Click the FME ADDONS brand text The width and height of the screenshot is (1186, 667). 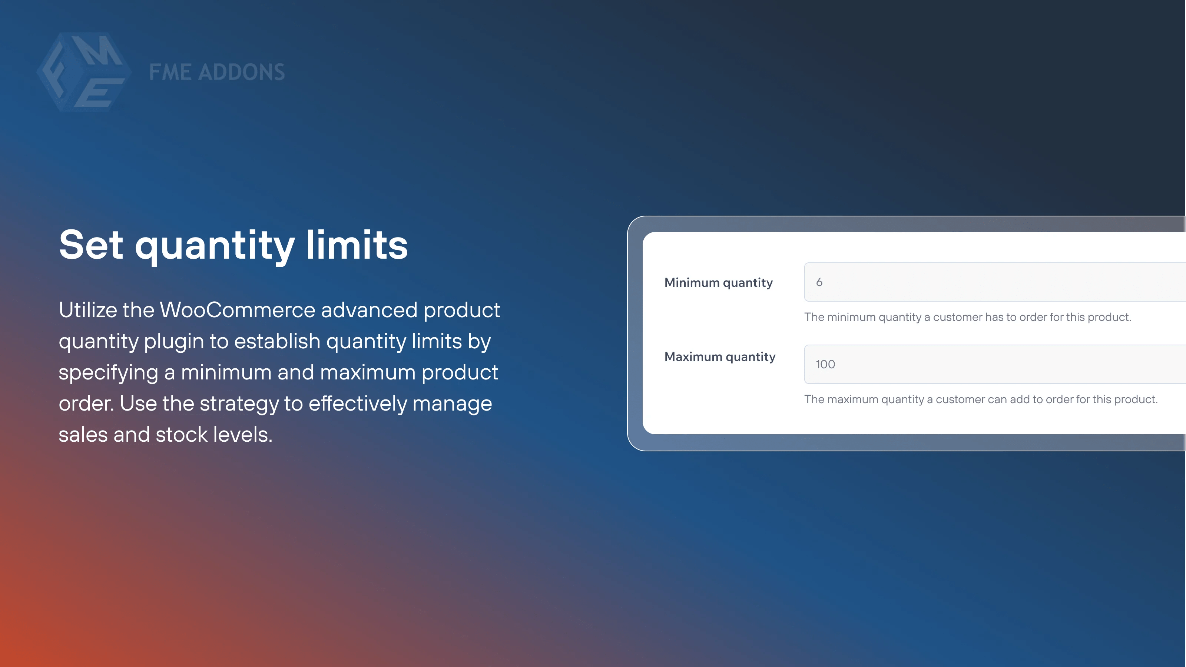pyautogui.click(x=217, y=72)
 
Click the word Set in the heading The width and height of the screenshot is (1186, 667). pyautogui.click(x=91, y=245)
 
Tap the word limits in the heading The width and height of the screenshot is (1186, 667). pyautogui.click(x=357, y=245)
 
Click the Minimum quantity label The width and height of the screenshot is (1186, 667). pyautogui.click(x=718, y=283)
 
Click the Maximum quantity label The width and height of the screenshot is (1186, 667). pyautogui.click(x=720, y=357)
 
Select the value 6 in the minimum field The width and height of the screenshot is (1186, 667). pyautogui.click(x=819, y=282)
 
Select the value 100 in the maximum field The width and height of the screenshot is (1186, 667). pyautogui.click(x=825, y=364)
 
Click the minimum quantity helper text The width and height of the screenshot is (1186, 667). pyautogui.click(x=967, y=317)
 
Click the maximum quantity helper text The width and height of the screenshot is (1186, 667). pyautogui.click(x=981, y=399)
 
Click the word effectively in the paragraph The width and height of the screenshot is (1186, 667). pyautogui.click(x=357, y=404)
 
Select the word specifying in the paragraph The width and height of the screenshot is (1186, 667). pyautogui.click(x=108, y=373)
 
